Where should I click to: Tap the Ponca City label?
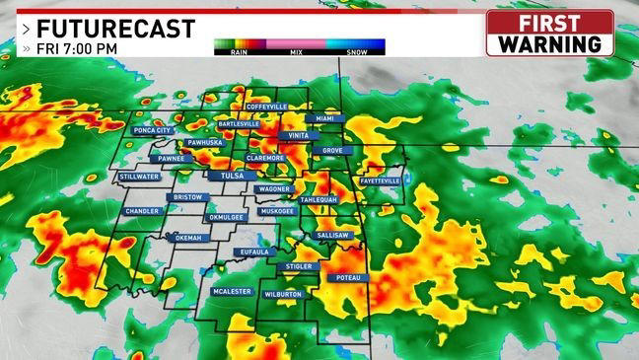click(151, 130)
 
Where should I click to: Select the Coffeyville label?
click(266, 106)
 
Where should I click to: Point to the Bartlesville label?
click(239, 124)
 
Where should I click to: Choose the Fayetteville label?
click(381, 181)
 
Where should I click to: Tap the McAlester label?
click(233, 292)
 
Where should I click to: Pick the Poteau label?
click(350, 278)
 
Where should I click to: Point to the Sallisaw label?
click(334, 237)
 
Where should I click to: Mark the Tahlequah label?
click(319, 199)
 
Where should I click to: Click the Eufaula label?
click(253, 252)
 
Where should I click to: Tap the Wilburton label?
click(283, 294)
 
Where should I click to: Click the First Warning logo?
click(549, 34)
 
